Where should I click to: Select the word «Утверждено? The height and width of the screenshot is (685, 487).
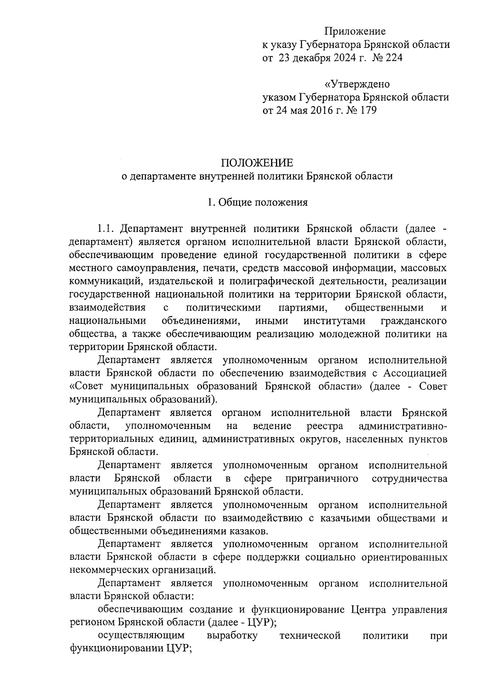click(357, 84)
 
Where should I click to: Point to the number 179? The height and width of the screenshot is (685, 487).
click(367, 110)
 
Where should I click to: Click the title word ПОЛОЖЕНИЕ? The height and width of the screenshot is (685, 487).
click(257, 163)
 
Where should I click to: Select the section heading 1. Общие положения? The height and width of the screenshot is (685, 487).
click(257, 202)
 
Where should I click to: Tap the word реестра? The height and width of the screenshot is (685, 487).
click(325, 426)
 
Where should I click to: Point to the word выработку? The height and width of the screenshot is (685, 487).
click(232, 635)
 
